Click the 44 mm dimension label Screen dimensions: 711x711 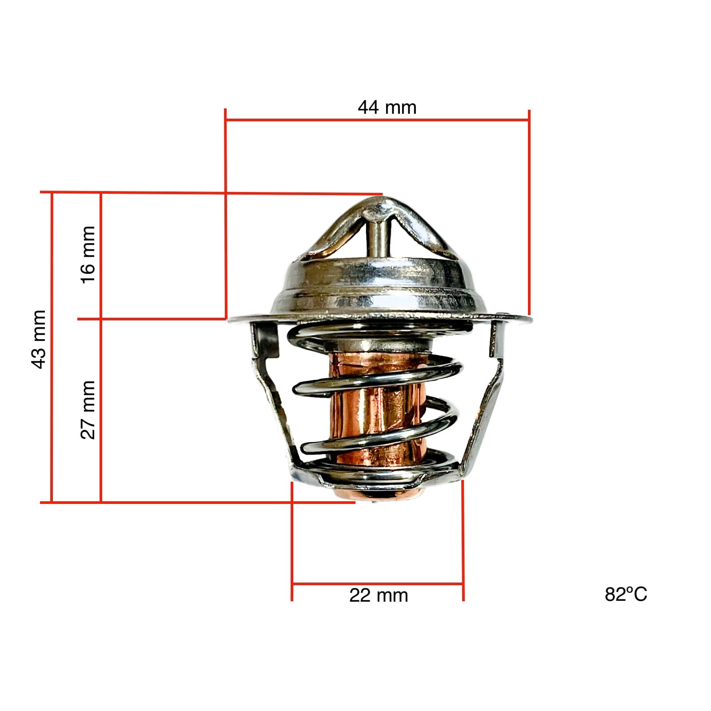coord(387,108)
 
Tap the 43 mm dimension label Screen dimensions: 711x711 coord(39,340)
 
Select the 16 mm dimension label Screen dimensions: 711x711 coord(88,254)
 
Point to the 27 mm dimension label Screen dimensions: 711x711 coord(88,410)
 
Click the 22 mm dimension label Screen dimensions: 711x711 coord(378,595)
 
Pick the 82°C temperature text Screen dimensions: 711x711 coord(626,595)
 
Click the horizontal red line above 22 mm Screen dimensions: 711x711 coord(378,583)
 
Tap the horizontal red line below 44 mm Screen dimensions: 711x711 coord(378,120)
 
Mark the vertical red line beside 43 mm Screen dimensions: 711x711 coord(52,347)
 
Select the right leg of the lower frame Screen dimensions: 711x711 coord(484,409)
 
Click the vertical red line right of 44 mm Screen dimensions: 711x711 coord(529,213)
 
